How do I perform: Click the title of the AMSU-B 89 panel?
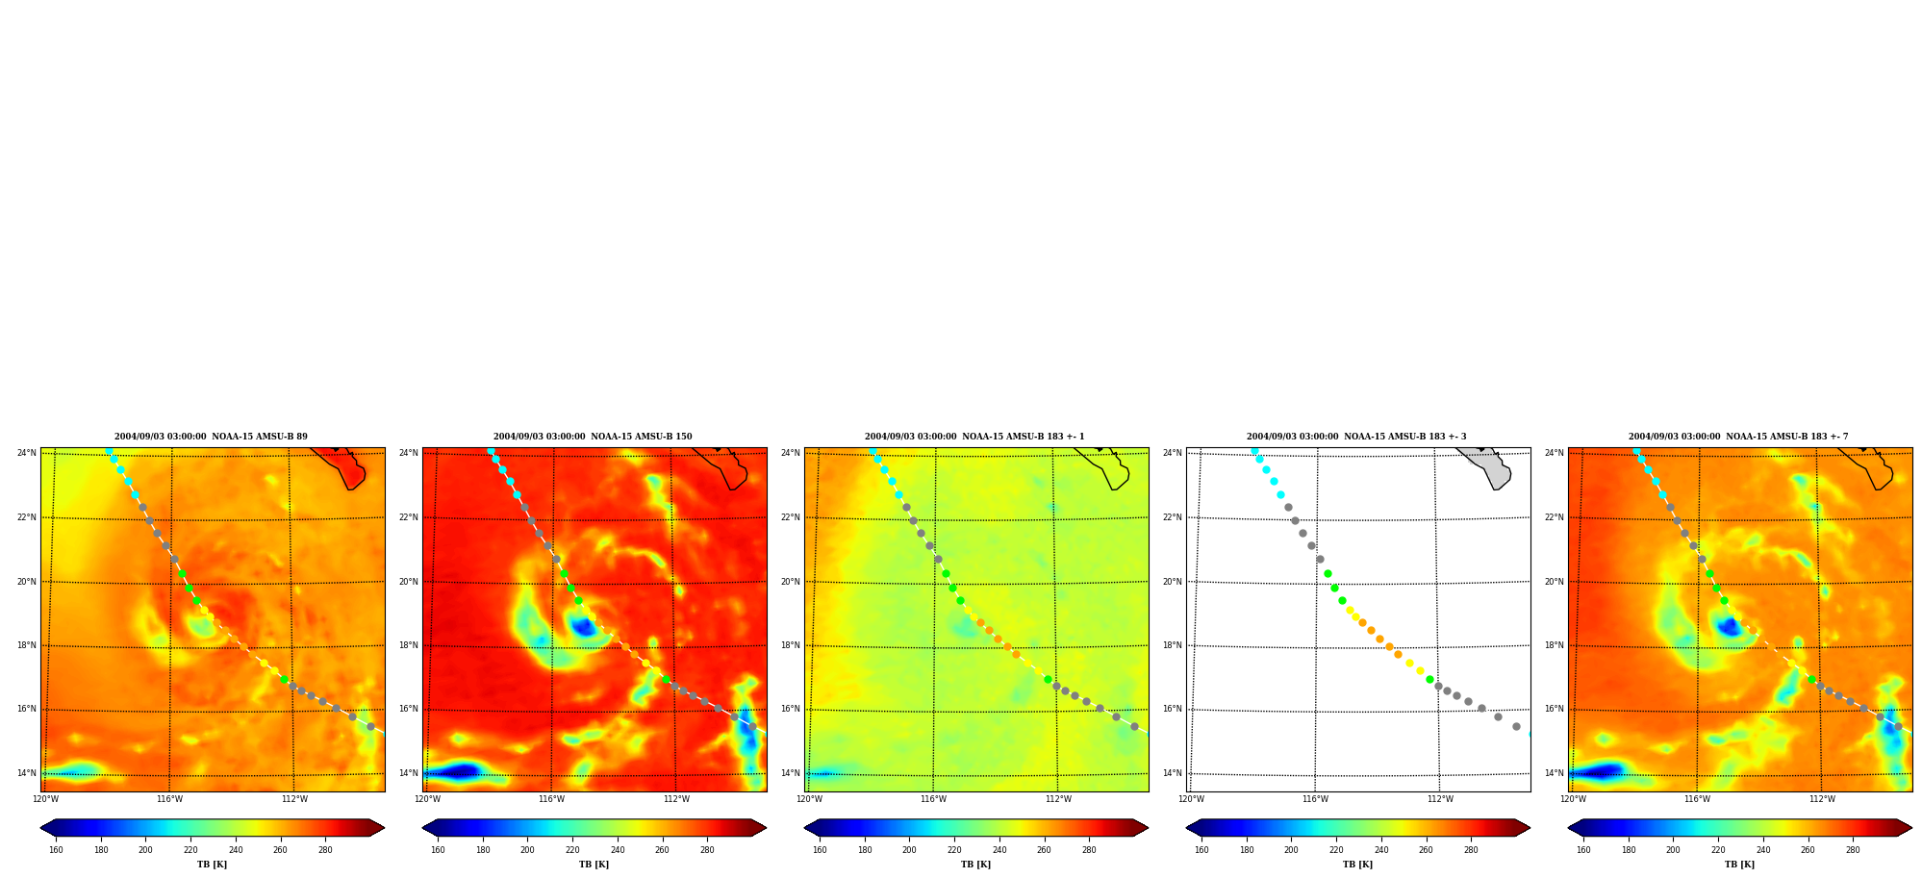pos(211,437)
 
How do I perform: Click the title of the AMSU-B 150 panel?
pos(593,437)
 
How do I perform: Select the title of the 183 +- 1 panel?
pos(974,437)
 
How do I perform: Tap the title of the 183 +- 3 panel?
pos(1356,437)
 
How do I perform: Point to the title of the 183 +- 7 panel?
pos(1738,437)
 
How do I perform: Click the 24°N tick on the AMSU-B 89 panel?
pos(26,453)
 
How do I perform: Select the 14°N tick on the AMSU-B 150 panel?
pos(408,773)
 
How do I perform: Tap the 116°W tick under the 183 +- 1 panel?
pos(933,799)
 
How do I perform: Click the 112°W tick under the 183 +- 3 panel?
pos(1440,799)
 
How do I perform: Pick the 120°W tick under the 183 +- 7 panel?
pos(1573,799)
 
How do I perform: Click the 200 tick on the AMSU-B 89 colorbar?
pos(145,850)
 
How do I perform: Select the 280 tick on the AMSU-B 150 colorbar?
pos(707,850)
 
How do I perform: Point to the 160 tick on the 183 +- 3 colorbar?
pos(1201,850)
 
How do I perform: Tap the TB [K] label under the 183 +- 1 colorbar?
pos(975,865)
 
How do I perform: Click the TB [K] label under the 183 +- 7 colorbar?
pos(1739,865)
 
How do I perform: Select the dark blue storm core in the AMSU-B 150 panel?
pos(583,627)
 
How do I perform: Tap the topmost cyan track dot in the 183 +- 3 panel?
pos(1254,450)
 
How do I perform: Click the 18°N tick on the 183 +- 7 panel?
pos(1554,645)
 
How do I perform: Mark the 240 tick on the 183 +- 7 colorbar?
pos(1763,850)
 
